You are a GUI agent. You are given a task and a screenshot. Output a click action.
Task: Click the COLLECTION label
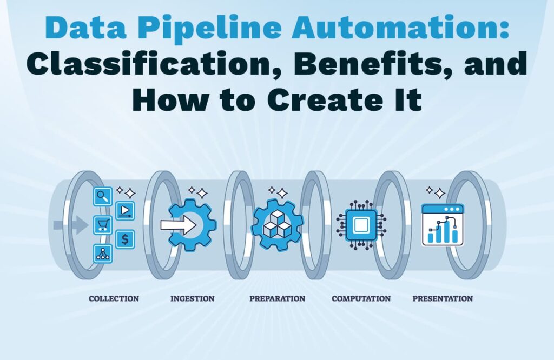(x=114, y=298)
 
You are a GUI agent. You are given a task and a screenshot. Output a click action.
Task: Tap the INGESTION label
(x=192, y=298)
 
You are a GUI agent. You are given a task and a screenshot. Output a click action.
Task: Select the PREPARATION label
(x=278, y=298)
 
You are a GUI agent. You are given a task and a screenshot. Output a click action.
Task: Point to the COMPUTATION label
(x=361, y=298)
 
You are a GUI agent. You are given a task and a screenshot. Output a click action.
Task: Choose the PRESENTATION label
(x=443, y=298)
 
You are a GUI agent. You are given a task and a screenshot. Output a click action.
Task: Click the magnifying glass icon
(x=103, y=196)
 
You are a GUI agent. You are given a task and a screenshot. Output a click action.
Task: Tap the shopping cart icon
(x=103, y=225)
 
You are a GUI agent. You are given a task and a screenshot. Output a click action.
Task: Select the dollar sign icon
(x=125, y=239)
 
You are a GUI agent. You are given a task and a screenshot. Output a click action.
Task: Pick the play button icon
(x=125, y=211)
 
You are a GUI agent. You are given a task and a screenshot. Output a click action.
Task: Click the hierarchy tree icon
(x=103, y=254)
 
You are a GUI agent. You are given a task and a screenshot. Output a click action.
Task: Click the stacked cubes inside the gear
(x=278, y=224)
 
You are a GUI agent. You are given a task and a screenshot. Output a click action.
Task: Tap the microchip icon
(x=361, y=224)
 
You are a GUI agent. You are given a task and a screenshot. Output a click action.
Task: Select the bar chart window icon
(x=443, y=225)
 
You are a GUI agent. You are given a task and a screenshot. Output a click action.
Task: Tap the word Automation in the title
(x=400, y=27)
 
